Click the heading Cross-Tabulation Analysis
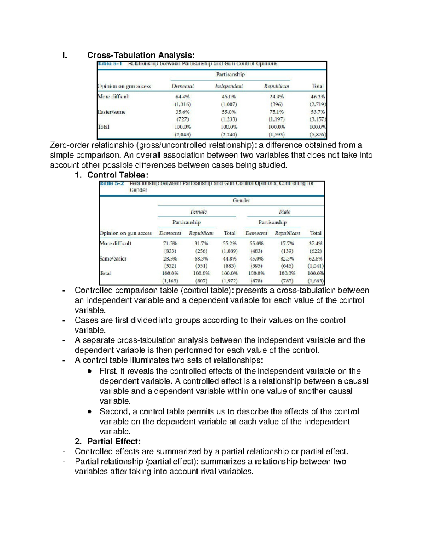(x=141, y=55)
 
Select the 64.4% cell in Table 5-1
(x=182, y=97)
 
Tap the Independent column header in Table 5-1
(x=229, y=86)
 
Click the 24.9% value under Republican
(x=276, y=97)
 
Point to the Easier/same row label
(x=111, y=112)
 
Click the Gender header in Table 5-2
(x=241, y=200)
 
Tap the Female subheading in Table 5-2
(x=198, y=212)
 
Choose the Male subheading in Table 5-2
(x=284, y=212)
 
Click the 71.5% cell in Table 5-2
(x=170, y=243)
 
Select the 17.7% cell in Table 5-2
(x=287, y=243)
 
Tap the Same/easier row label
(x=113, y=258)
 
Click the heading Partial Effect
(x=114, y=442)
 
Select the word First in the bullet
(x=108, y=371)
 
